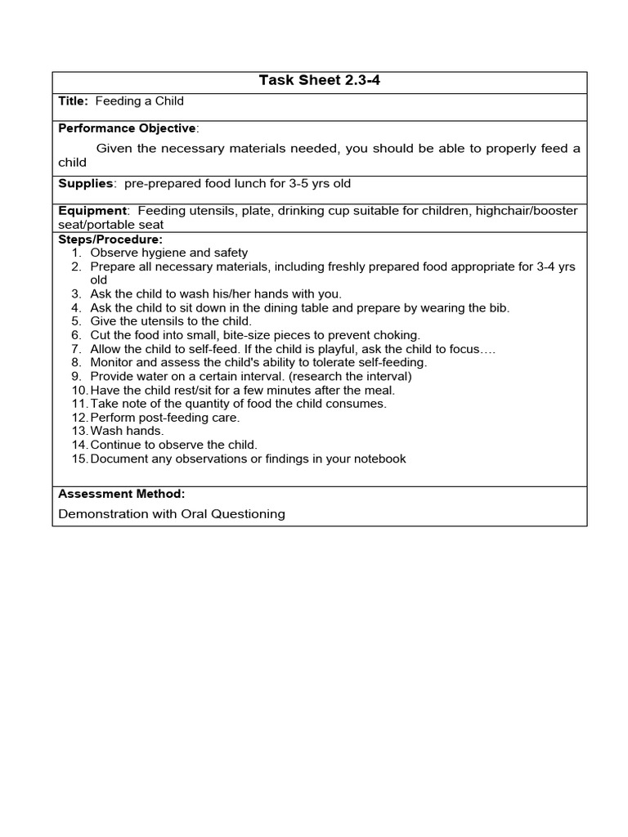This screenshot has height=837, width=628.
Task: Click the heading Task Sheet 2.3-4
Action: [320, 80]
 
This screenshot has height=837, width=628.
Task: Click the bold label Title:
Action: [74, 101]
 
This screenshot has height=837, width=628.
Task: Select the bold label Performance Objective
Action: [127, 128]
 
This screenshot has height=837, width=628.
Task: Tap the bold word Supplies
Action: [85, 184]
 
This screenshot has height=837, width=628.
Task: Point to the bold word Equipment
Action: [92, 211]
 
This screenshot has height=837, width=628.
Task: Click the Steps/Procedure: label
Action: [110, 239]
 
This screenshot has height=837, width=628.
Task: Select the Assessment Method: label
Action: [121, 494]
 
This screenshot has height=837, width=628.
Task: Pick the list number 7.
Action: [76, 349]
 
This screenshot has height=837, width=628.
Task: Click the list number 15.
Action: [79, 459]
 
